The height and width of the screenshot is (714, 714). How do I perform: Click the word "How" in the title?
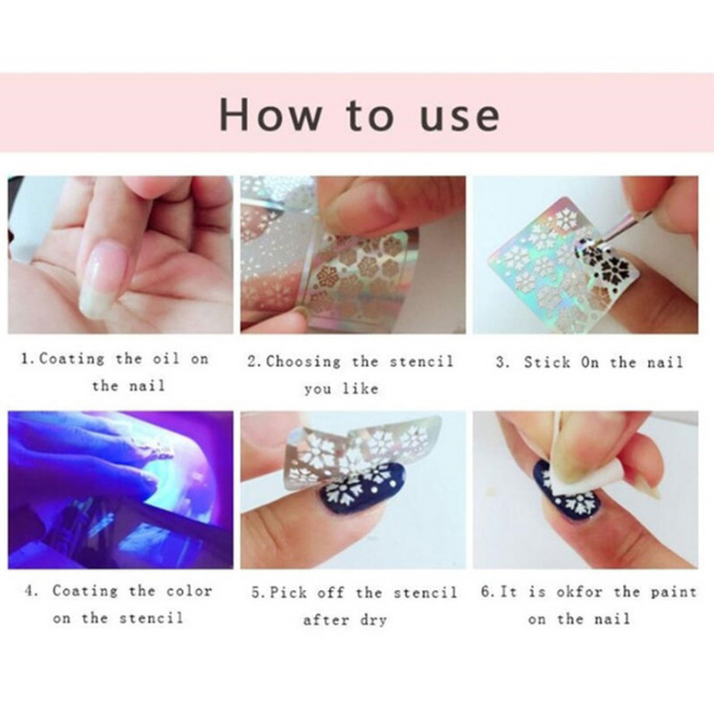point(270,114)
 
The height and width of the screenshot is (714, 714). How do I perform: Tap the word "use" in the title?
point(460,117)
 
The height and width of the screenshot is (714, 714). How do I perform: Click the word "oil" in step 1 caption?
point(166,359)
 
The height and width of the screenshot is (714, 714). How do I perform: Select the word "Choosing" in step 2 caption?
point(303,361)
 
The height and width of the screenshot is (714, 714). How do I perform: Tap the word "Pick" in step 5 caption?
point(288,593)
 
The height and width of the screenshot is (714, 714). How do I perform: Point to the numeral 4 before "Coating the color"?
point(30,591)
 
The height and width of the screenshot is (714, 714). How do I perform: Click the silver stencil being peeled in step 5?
point(360,451)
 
